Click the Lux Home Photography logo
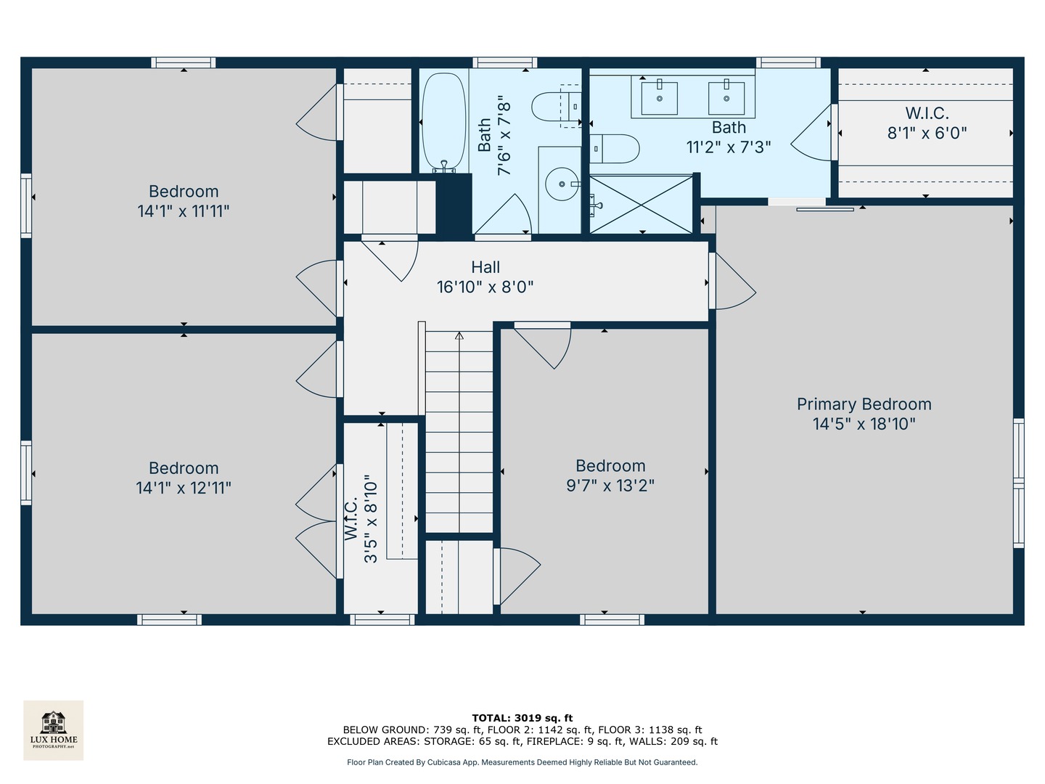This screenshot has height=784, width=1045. click(53, 730)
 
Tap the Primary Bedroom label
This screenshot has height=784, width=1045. click(864, 404)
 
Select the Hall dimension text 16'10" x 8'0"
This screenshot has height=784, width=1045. click(485, 287)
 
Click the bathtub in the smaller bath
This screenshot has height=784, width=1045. click(443, 123)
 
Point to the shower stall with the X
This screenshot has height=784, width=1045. click(642, 205)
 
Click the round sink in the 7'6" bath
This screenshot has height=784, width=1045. click(562, 184)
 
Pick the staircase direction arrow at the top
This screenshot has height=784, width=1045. click(459, 335)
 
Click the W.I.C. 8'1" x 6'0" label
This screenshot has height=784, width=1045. click(927, 123)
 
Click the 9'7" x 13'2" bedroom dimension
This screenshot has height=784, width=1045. click(610, 486)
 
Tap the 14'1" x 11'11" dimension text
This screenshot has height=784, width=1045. click(184, 211)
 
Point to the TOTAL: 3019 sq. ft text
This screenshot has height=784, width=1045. click(522, 718)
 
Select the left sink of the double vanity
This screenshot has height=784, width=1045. click(660, 98)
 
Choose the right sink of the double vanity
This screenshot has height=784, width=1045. click(726, 98)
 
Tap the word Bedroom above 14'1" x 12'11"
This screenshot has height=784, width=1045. click(184, 468)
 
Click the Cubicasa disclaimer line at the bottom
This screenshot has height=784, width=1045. click(522, 762)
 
